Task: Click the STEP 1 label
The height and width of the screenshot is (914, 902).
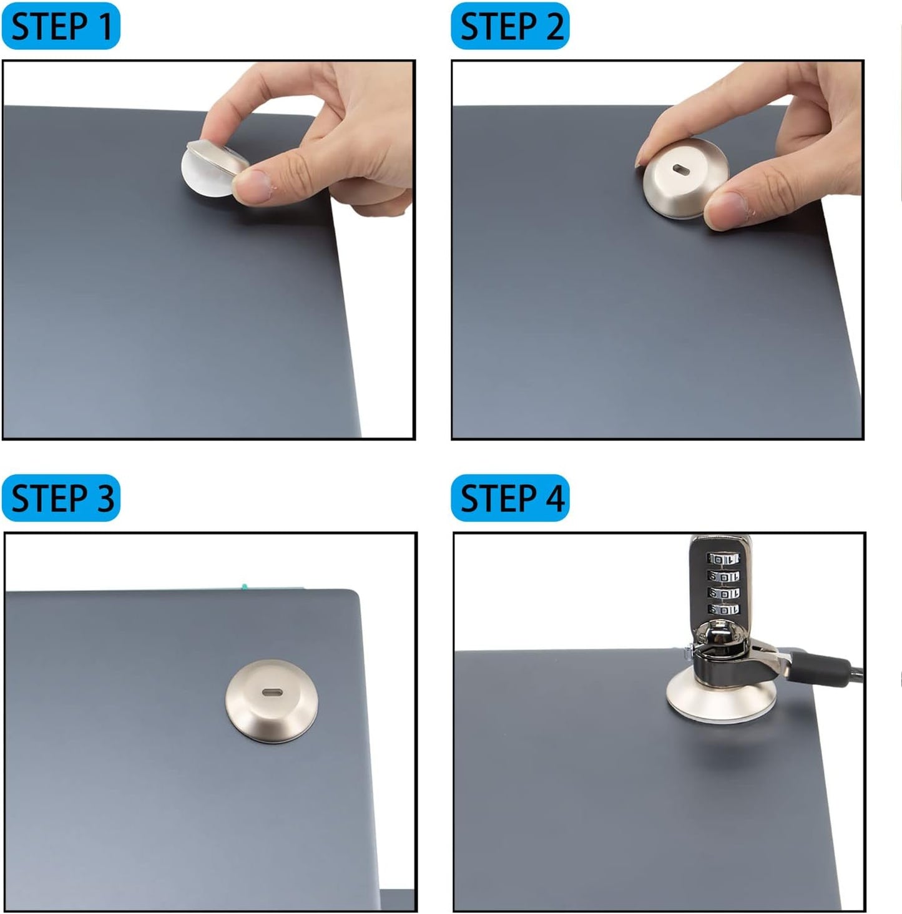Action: (x=61, y=26)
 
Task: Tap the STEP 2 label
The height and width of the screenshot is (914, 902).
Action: (x=510, y=26)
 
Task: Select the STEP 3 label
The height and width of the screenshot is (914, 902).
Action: (x=61, y=498)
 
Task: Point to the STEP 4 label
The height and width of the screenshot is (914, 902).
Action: (x=510, y=498)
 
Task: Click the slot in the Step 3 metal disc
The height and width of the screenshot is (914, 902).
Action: (x=272, y=692)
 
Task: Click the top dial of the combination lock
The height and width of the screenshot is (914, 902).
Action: (x=723, y=558)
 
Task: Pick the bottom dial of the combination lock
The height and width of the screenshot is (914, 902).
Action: (x=723, y=609)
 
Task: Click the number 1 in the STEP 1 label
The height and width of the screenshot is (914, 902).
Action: (x=104, y=26)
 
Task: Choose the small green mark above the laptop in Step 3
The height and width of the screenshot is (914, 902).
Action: (x=244, y=586)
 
